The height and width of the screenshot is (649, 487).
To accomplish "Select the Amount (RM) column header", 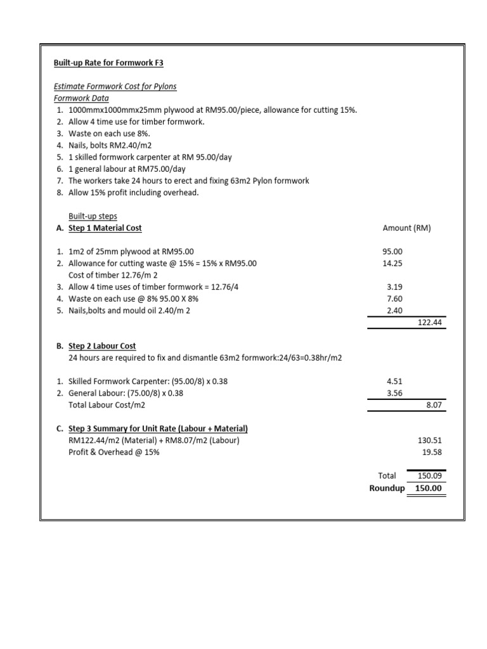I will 406,228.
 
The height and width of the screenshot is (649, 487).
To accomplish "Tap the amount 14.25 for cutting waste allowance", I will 394,263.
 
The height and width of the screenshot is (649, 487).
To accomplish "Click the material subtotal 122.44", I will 429,323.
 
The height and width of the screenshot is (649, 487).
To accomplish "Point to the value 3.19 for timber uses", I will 394,287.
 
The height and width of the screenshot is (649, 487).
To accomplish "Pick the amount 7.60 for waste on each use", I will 394,299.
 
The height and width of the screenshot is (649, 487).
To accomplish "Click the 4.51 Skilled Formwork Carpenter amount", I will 394,382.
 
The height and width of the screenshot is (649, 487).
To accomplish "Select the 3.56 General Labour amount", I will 394,393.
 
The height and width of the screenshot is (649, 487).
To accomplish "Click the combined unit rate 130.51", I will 429,440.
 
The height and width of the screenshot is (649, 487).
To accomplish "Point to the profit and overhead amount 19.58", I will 431,453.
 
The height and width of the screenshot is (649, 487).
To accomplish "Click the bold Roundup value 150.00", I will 429,488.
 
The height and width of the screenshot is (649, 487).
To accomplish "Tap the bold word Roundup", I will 387,488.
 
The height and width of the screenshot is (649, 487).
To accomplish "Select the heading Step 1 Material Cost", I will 105,228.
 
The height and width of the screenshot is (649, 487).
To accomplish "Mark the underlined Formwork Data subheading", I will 81,98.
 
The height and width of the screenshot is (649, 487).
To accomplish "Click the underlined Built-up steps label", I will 93,216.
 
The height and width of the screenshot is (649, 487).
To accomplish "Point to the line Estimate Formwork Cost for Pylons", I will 115,86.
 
